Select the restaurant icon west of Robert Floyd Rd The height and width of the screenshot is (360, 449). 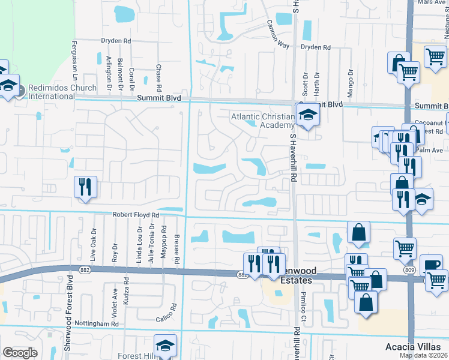(x=85, y=187)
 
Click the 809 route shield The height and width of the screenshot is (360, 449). (x=409, y=270)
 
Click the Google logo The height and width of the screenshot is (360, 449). (x=20, y=353)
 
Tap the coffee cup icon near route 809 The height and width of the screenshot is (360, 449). (x=430, y=265)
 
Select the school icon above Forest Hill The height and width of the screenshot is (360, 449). (x=165, y=346)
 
